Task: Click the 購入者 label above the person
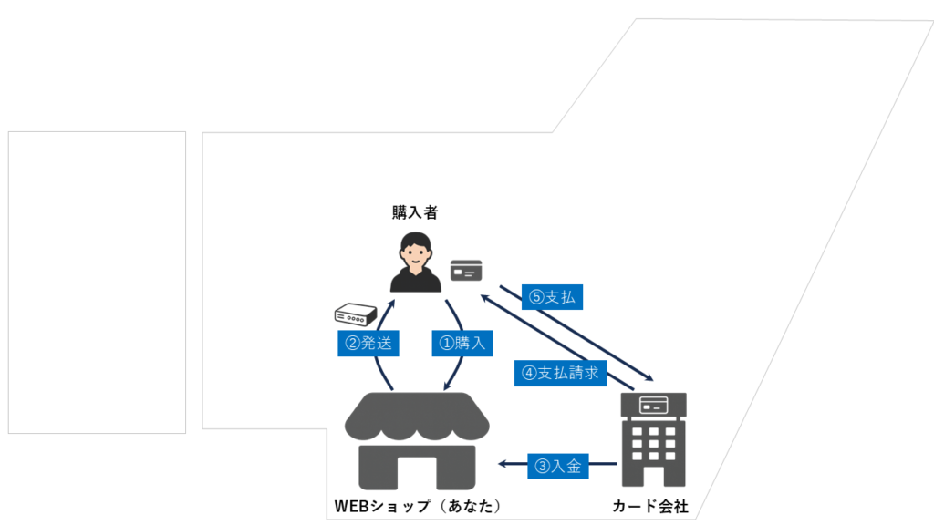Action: click(415, 212)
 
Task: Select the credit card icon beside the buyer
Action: click(466, 270)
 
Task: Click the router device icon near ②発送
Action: click(356, 314)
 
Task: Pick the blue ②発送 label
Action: click(368, 344)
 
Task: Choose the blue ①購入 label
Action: click(462, 344)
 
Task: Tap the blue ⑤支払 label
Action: click(552, 297)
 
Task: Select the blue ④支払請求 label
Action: click(561, 373)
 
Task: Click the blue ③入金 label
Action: click(558, 466)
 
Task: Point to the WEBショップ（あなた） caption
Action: click(418, 506)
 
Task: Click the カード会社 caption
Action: click(650, 506)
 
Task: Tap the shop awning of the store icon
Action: click(417, 416)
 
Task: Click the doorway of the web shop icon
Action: click(417, 474)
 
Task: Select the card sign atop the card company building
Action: click(653, 406)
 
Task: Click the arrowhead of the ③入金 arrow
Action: click(503, 464)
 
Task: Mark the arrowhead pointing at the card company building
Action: click(649, 376)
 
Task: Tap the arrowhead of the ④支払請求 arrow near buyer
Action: click(485, 298)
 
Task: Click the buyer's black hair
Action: click(416, 240)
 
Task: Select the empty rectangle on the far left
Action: click(97, 283)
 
